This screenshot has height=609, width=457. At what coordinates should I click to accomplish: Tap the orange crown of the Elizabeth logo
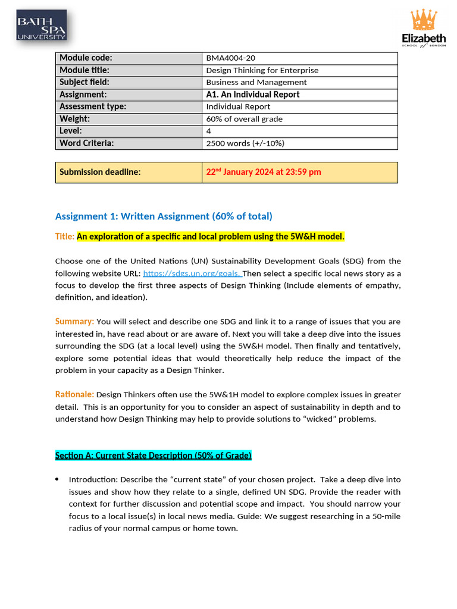tap(424, 21)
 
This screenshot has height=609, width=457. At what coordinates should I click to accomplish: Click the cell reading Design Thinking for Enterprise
tap(262, 70)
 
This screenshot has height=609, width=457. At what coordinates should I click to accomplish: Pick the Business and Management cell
tap(256, 83)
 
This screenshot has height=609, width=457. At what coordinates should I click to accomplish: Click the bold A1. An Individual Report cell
tap(252, 95)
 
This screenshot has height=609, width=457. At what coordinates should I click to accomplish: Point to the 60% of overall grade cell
tap(244, 119)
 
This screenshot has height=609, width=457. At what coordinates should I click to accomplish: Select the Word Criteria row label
tap(86, 143)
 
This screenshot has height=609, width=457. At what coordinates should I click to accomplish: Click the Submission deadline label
tap(100, 172)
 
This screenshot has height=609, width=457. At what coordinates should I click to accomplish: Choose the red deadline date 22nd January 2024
tap(263, 172)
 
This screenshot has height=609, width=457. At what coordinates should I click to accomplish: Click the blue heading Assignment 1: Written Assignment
tap(164, 216)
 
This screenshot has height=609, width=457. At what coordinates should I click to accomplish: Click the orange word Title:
tap(65, 237)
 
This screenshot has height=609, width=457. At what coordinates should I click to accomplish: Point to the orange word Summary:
tap(74, 321)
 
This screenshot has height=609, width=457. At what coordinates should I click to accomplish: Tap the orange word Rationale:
tap(74, 394)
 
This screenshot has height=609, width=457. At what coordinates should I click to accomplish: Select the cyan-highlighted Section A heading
tap(154, 456)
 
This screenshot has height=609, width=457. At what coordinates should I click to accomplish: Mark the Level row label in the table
tap(71, 131)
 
